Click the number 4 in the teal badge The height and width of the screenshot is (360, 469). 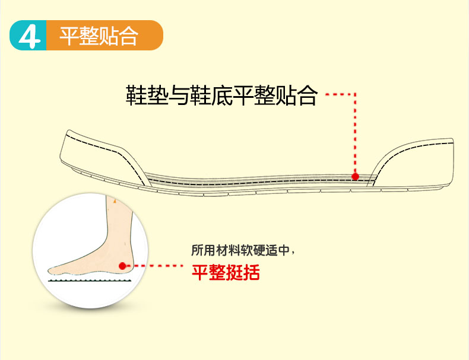click(x=28, y=36)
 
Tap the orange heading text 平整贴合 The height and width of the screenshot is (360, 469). click(x=99, y=36)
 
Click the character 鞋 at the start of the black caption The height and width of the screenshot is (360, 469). click(x=136, y=95)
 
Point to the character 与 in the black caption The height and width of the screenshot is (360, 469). click(x=178, y=95)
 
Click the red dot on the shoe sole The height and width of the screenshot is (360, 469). click(x=355, y=176)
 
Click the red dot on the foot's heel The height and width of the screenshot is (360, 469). click(x=122, y=266)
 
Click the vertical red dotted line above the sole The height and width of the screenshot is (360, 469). click(x=355, y=133)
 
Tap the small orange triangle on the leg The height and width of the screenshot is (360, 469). click(x=114, y=201)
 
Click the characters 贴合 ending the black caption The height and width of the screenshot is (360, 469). click(x=297, y=95)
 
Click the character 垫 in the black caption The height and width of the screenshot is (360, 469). click(x=157, y=95)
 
